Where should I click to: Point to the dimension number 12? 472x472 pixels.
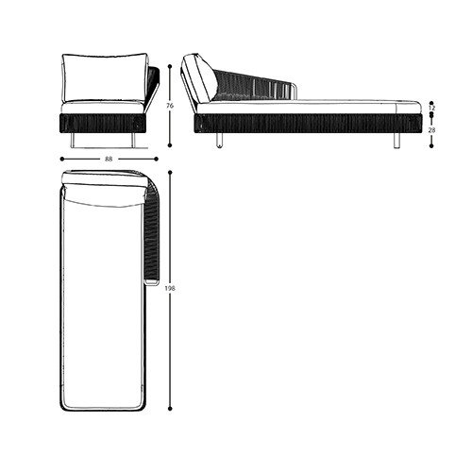coord(431,109)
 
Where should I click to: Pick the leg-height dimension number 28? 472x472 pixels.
coord(431,130)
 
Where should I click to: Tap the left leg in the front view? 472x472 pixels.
coord(74,141)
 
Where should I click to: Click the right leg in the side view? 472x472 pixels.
coord(396,141)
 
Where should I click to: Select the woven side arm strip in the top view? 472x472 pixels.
coord(152,236)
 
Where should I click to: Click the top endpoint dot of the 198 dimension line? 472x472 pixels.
coord(170,172)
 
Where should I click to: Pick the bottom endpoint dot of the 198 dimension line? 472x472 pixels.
coord(170,409)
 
